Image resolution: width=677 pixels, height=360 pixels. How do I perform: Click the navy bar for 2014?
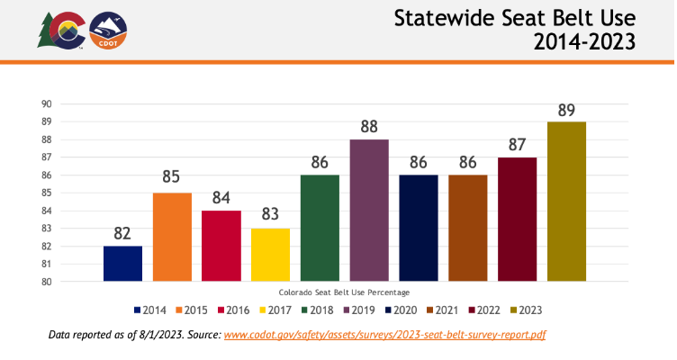pyautogui.click(x=122, y=264)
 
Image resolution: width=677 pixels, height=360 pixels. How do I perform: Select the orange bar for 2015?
pyautogui.click(x=172, y=238)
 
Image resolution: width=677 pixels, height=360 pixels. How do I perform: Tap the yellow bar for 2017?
pyautogui.click(x=270, y=255)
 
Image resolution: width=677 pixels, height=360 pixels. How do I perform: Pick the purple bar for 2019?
pyautogui.click(x=369, y=211)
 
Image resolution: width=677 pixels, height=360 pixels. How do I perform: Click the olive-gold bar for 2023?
pyautogui.click(x=566, y=202)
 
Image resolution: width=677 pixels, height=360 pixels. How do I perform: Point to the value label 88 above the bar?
pyautogui.click(x=369, y=127)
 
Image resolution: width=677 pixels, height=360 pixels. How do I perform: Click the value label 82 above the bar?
pyautogui.click(x=122, y=233)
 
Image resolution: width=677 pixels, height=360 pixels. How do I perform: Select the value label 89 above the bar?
pyautogui.click(x=566, y=109)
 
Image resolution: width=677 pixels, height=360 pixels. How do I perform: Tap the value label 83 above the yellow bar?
pyautogui.click(x=270, y=216)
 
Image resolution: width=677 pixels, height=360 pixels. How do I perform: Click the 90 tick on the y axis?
pyautogui.click(x=45, y=103)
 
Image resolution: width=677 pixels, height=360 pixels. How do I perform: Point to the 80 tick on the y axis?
pyautogui.click(x=45, y=282)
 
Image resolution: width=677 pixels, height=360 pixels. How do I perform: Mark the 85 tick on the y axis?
pyautogui.click(x=45, y=193)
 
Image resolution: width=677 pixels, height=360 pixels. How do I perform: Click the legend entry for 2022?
pyautogui.click(x=483, y=310)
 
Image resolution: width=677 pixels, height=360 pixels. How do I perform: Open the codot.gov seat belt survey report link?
pyautogui.click(x=384, y=335)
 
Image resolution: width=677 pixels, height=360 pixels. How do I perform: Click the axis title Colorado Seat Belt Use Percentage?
pyautogui.click(x=344, y=292)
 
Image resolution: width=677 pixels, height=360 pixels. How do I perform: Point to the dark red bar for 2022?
pyautogui.click(x=517, y=220)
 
